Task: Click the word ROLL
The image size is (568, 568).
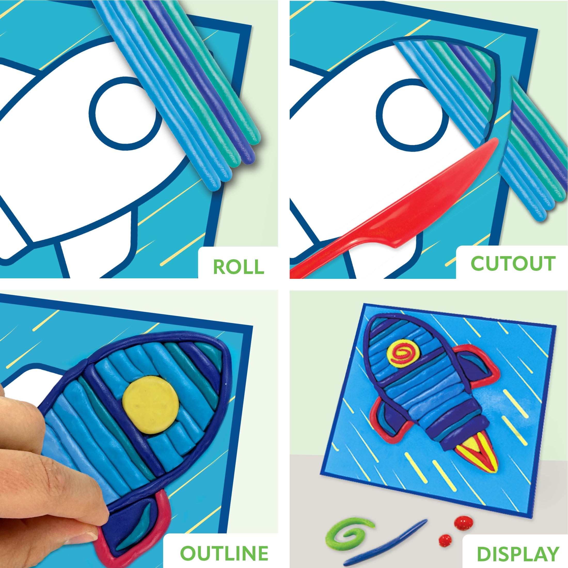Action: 238,267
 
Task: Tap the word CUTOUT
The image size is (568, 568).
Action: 513,263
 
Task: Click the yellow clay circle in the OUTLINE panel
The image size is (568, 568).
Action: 151,405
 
